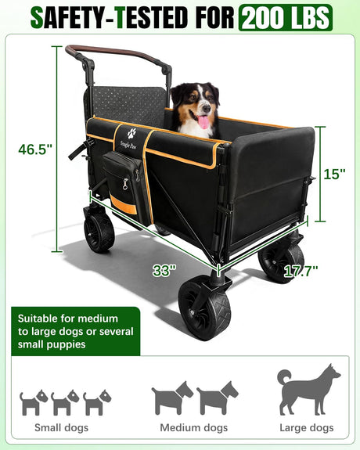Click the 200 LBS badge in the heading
point(286,17)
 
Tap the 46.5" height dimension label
point(35,149)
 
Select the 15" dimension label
point(334,174)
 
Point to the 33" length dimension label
point(164,270)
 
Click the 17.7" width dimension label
point(301,271)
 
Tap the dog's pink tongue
point(203,122)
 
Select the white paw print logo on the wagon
point(131,134)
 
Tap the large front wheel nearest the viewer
point(204,309)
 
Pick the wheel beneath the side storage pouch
point(99,229)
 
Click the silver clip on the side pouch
point(125,184)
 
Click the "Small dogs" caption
point(62,427)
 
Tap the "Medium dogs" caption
point(194,427)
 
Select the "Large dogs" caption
point(307,427)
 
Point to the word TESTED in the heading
point(151,18)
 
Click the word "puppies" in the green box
point(67,345)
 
